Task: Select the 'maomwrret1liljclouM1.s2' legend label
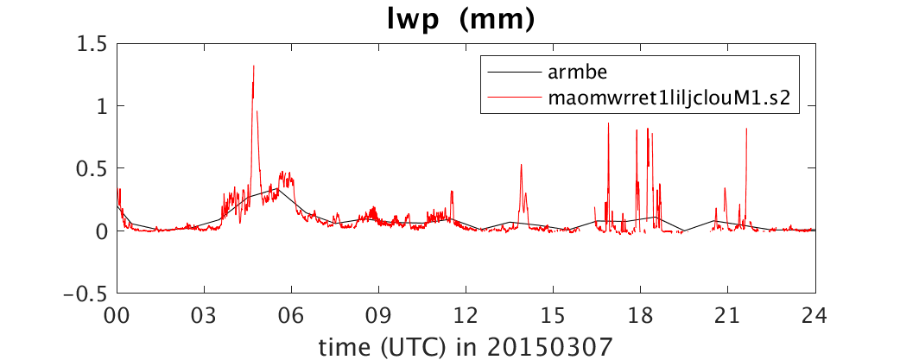667,98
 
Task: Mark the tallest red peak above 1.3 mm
254,66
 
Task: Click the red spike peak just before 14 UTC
521,165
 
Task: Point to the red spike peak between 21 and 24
746,129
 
